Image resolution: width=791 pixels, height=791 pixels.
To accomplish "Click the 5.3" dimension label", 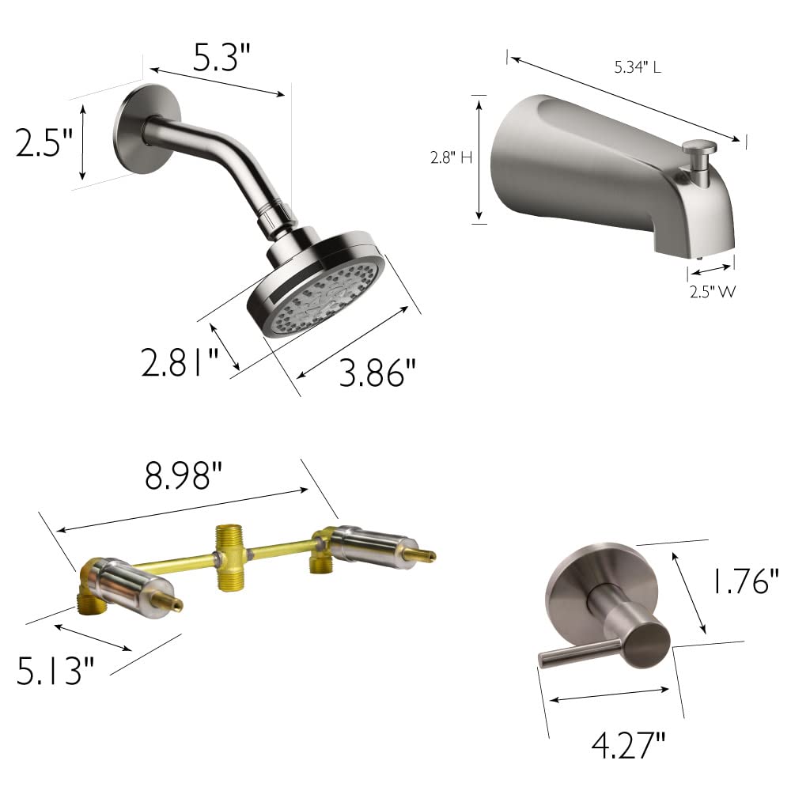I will coord(222,57).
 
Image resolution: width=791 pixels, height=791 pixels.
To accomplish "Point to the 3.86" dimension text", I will coord(377,372).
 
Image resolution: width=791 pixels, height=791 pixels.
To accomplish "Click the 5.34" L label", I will coord(638,68).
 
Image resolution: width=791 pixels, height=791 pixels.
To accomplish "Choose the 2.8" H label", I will coord(451,158).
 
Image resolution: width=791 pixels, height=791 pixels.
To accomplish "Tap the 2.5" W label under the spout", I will coord(711,291).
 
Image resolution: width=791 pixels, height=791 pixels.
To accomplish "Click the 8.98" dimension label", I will coord(183,476).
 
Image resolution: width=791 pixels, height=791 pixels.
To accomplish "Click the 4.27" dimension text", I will coord(629,744).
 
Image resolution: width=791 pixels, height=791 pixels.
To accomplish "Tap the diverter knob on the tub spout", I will coord(700,147).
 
